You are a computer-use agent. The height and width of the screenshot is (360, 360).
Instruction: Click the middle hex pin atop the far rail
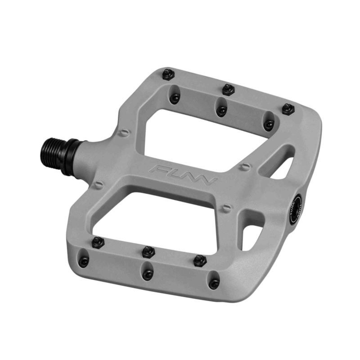pos(229,89)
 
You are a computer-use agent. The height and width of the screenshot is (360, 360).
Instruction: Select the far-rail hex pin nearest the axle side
pos(168,74)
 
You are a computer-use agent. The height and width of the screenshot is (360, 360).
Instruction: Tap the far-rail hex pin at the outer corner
pos(288,109)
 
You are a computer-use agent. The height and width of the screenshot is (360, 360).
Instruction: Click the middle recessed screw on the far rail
pos(221,110)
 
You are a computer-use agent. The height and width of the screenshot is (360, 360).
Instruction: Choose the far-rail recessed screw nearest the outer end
pos(269,125)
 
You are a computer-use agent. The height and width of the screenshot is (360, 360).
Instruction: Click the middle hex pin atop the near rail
pos(148,251)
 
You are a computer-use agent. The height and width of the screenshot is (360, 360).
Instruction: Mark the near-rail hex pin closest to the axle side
pos(98,242)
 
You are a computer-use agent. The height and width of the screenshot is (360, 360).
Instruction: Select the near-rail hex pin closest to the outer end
pos(200,261)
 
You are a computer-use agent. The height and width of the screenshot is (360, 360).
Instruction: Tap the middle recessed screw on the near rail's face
pos(147,274)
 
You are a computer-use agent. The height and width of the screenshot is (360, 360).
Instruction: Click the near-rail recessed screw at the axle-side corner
pos(84,260)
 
